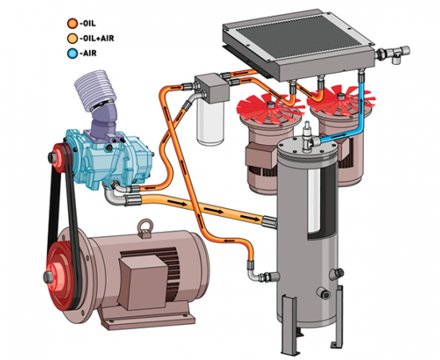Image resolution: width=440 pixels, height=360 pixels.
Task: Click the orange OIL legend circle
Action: click(x=72, y=23)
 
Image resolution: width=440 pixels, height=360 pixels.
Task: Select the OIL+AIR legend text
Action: click(x=97, y=38)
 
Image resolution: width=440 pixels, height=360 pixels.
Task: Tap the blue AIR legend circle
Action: click(x=72, y=54)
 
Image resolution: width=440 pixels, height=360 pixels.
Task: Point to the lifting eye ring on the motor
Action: click(x=146, y=226)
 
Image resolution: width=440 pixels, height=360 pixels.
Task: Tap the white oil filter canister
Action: click(x=210, y=122)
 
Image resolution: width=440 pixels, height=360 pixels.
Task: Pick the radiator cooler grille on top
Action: click(x=298, y=38)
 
